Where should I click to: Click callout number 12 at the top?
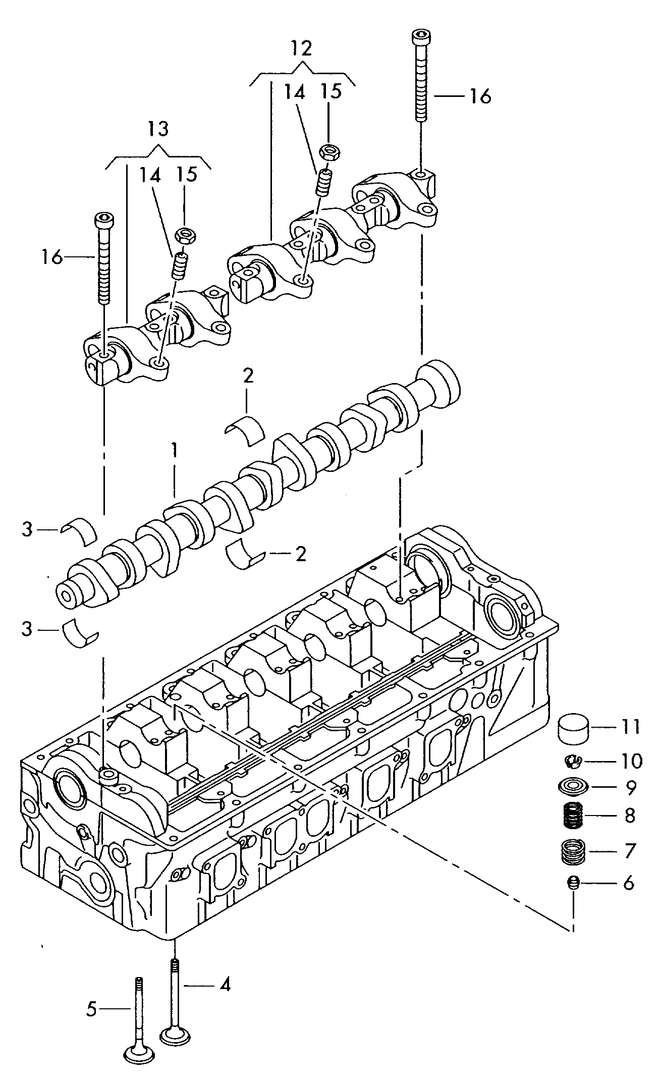pyautogui.click(x=301, y=48)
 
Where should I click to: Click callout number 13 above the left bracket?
pyautogui.click(x=158, y=129)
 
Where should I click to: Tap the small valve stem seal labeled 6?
pyautogui.click(x=573, y=883)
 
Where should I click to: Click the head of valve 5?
pyautogui.click(x=138, y=1055)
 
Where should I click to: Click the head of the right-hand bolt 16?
pyautogui.click(x=420, y=36)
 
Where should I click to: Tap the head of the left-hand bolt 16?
pyautogui.click(x=104, y=220)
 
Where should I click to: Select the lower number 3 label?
pyautogui.click(x=27, y=629)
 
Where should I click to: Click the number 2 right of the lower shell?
pyautogui.click(x=300, y=554)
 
